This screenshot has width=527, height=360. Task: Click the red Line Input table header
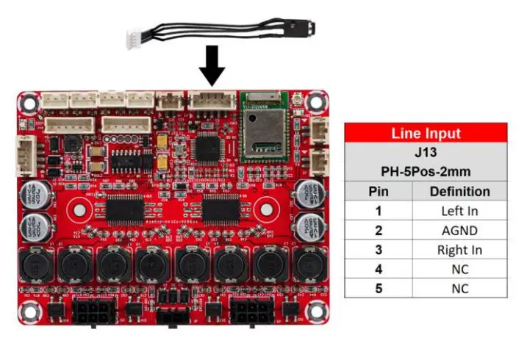[x=426, y=133]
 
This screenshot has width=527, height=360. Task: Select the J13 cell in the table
[x=426, y=154]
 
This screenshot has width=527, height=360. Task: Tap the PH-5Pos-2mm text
[x=426, y=173]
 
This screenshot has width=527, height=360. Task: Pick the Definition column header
[x=460, y=192]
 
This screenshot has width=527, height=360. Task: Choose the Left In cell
[x=460, y=212]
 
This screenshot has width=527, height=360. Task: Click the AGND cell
[x=460, y=231]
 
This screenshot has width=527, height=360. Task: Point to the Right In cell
[x=460, y=250]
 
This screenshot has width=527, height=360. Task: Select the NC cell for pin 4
[x=460, y=269]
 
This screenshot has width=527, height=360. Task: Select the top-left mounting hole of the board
[x=29, y=101]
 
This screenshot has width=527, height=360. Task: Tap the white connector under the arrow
[x=212, y=101]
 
